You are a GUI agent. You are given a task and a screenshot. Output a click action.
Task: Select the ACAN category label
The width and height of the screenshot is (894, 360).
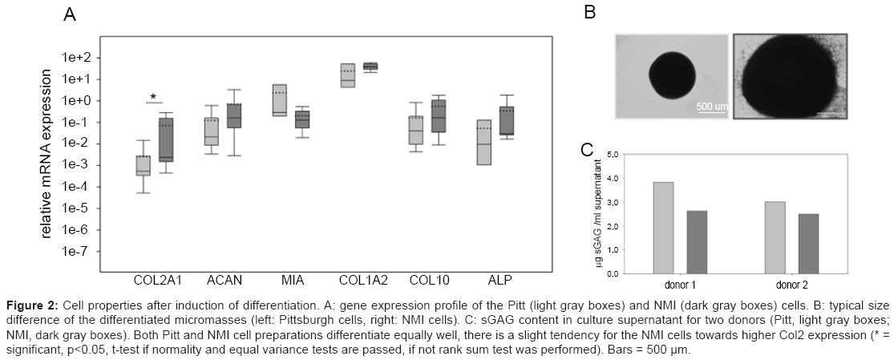click(x=225, y=281)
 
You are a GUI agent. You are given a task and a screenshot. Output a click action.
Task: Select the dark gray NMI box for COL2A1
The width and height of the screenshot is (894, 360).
click(x=166, y=140)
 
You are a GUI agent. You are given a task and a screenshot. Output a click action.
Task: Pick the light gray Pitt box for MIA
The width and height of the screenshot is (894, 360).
click(x=280, y=100)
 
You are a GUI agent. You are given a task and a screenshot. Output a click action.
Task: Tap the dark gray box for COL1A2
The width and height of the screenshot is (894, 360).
click(x=370, y=66)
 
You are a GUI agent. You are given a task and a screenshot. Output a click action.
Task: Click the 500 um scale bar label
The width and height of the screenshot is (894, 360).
click(x=711, y=106)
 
